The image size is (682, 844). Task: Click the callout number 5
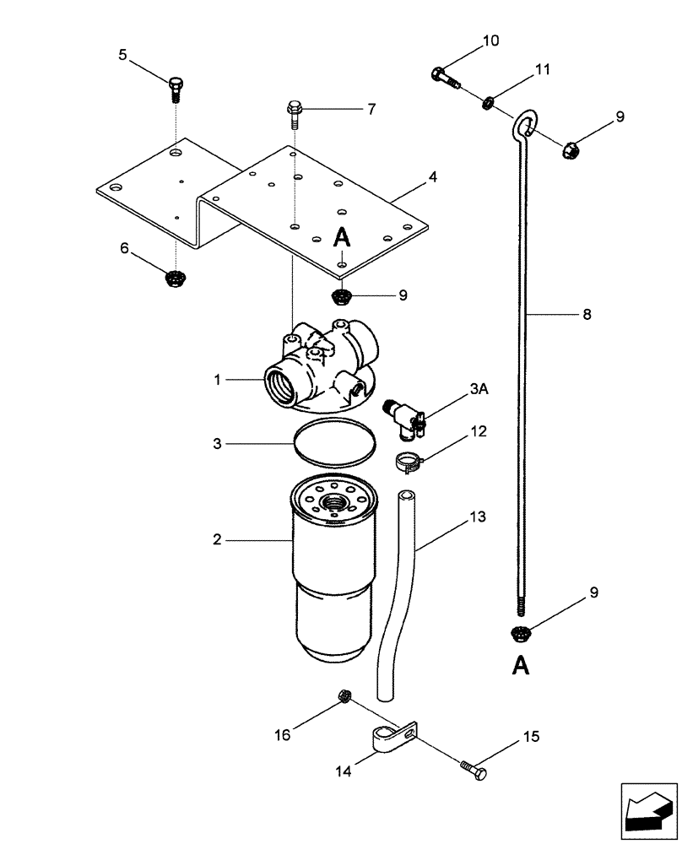pyautogui.click(x=122, y=56)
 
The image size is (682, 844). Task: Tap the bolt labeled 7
pyautogui.click(x=293, y=111)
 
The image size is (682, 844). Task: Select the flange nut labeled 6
pyautogui.click(x=176, y=276)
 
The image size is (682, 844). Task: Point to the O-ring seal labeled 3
pyautogui.click(x=335, y=441)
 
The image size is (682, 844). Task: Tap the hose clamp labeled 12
pyautogui.click(x=409, y=461)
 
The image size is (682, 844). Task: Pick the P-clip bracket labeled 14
pyautogui.click(x=388, y=738)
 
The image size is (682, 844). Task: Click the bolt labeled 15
pyautogui.click(x=473, y=769)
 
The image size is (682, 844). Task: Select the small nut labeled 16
pyautogui.click(x=344, y=695)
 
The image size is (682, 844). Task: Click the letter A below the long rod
pyautogui.click(x=521, y=666)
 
